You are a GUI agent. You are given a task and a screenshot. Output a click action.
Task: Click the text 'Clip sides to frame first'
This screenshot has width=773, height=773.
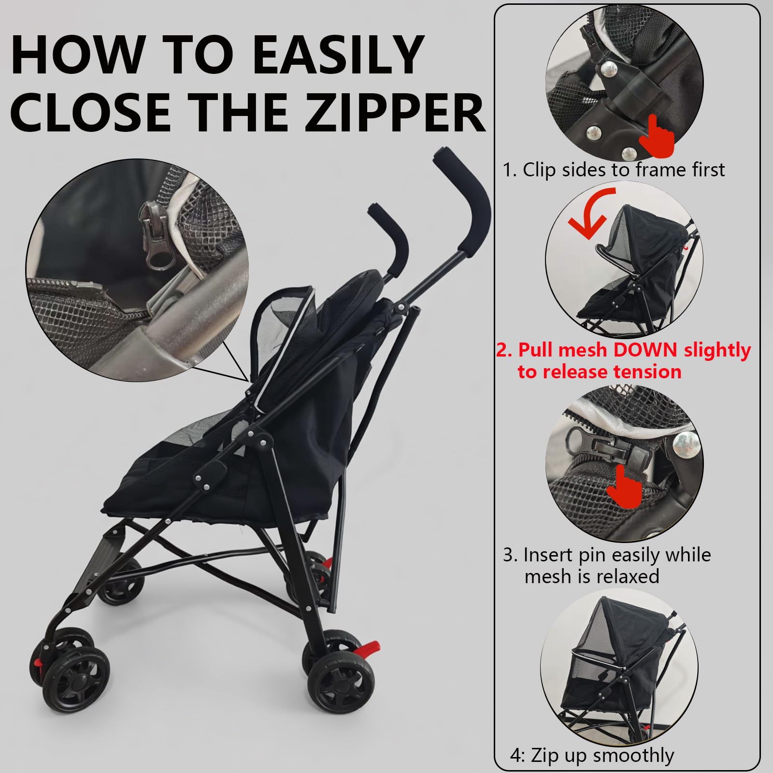click(x=624, y=170)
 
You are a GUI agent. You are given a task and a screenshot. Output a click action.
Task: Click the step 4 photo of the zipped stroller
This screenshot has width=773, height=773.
click(x=619, y=667)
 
